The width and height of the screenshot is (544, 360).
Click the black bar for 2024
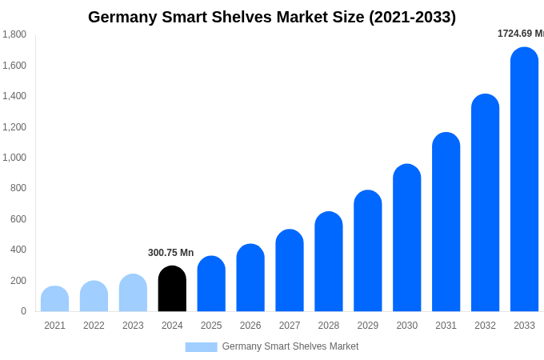(172, 289)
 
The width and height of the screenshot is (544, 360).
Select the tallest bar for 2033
(524, 179)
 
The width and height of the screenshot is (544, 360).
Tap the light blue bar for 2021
(54, 299)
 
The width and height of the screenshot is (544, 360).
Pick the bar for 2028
(328, 262)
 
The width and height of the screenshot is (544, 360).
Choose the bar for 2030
(406, 238)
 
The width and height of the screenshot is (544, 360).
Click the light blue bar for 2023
(133, 293)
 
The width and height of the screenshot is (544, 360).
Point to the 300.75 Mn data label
(170, 253)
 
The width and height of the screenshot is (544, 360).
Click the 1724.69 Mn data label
(520, 34)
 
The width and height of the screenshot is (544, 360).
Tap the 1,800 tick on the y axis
(14, 34)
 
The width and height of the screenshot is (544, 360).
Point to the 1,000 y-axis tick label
(14, 158)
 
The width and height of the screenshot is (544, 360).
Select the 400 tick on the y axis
(18, 250)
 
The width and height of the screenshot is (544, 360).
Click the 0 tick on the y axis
(23, 311)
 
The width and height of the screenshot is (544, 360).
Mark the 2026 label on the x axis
(250, 326)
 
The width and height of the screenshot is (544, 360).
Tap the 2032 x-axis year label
(485, 326)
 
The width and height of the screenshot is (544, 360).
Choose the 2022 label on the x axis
(94, 326)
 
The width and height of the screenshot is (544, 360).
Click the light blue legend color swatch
(201, 347)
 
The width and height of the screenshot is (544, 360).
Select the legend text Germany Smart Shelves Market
(290, 346)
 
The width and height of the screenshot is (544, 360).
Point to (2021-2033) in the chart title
(412, 17)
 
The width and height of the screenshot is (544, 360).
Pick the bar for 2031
(446, 222)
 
